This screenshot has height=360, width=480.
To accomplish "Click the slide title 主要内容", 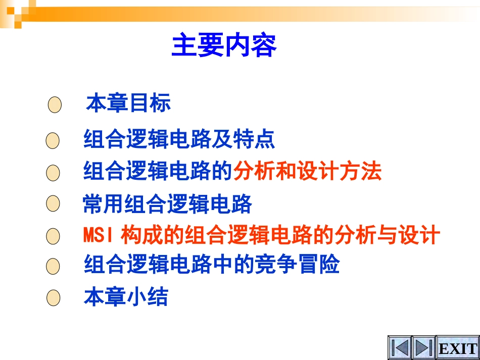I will (224, 46).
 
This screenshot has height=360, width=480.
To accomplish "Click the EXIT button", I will (458, 348).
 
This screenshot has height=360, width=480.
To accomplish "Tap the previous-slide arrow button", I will (400, 348).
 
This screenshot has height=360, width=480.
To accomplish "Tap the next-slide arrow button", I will (423, 348).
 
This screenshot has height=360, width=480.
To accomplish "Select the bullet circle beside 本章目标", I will (54, 106).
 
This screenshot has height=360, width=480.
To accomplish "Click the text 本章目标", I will (129, 103).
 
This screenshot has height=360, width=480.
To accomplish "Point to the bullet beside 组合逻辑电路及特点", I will (53, 141).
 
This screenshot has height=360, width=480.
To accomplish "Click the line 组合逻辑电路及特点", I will (179, 139).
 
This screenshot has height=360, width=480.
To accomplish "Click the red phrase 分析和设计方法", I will (307, 172).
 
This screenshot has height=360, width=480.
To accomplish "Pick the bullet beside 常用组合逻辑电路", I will (53, 204).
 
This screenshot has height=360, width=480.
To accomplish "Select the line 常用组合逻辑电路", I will (167, 204).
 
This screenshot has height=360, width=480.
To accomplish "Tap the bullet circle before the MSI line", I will (53, 236).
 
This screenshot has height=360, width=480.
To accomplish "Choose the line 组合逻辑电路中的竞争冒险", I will (211, 265).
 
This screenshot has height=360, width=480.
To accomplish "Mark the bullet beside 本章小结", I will (53, 298).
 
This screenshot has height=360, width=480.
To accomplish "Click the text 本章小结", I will (126, 297).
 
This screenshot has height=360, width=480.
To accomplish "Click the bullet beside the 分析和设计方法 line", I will (53, 173).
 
